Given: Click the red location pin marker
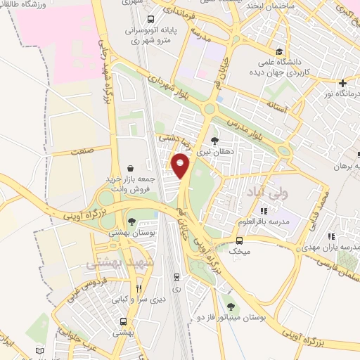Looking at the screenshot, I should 181,166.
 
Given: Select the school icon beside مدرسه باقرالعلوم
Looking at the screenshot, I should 264,211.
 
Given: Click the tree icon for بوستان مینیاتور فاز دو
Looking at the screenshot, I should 230,306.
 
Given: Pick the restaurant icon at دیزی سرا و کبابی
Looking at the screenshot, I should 139,288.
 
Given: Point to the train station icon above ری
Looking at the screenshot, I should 176,276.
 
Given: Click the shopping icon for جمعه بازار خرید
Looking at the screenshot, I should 131,168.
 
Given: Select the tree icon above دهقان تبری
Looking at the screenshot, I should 214,141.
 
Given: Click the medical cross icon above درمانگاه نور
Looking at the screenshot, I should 342,82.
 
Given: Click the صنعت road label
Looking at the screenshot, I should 83,150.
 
